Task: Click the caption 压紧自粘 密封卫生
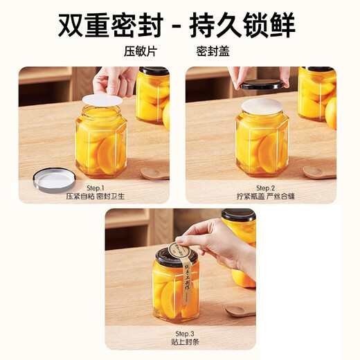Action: [94, 197]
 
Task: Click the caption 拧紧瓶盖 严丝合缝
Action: [262, 197]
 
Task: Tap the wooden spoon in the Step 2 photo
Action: [321, 172]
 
